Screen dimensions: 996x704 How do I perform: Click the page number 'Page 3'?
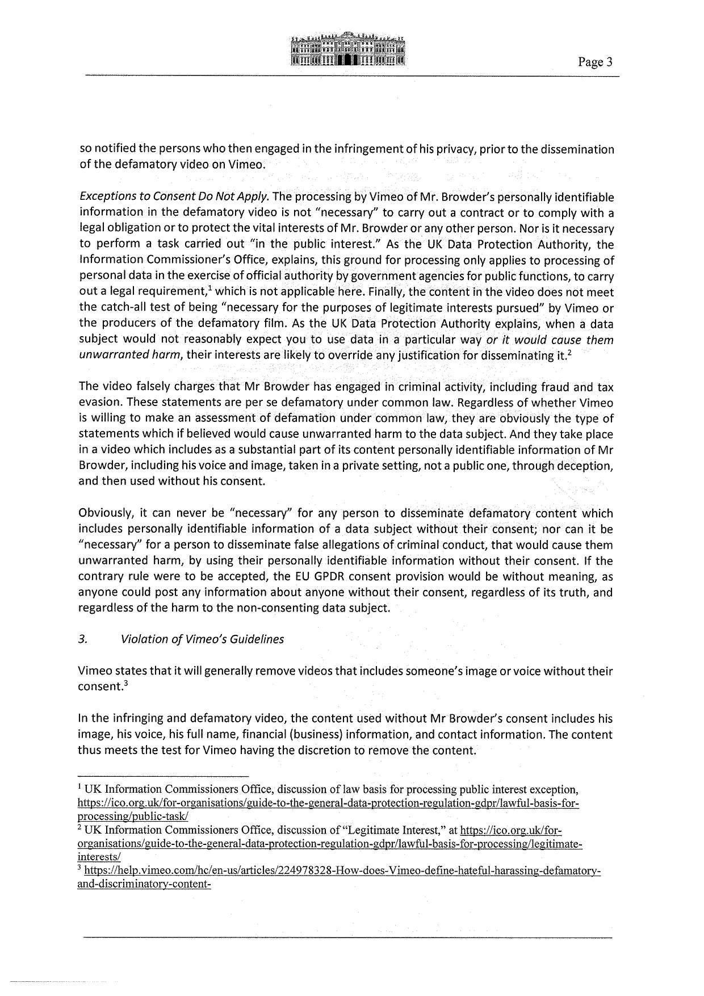596,62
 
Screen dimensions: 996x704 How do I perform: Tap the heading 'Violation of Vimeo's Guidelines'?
202,639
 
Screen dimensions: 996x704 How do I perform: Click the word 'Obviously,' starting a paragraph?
105,513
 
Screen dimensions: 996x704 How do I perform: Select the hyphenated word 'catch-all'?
121,308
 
